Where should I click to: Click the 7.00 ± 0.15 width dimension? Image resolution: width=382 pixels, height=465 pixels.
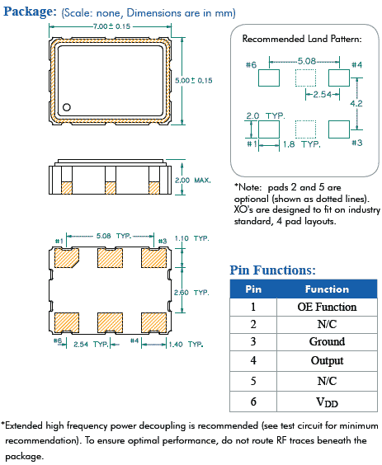point(113,27)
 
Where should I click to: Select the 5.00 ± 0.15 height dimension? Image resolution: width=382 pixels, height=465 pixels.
point(194,80)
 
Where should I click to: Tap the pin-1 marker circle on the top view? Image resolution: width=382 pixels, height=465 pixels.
point(69,106)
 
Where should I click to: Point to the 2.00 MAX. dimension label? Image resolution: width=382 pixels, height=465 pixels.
point(193,179)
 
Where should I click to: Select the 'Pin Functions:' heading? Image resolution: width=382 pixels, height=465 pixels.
point(271,270)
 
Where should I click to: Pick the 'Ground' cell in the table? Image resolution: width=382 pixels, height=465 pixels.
point(327,341)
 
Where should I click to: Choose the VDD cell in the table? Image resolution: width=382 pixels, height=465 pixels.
point(327,402)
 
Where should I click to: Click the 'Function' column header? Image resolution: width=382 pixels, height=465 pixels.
point(327,289)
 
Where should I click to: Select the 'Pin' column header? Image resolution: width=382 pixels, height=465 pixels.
point(253,289)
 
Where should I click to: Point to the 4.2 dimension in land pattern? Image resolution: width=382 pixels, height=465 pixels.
point(356,104)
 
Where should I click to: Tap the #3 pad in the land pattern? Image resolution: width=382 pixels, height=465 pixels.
point(339,129)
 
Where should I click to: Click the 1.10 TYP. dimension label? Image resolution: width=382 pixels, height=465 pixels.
point(193,237)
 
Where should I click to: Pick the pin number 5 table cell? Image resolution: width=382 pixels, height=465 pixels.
point(253,380)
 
